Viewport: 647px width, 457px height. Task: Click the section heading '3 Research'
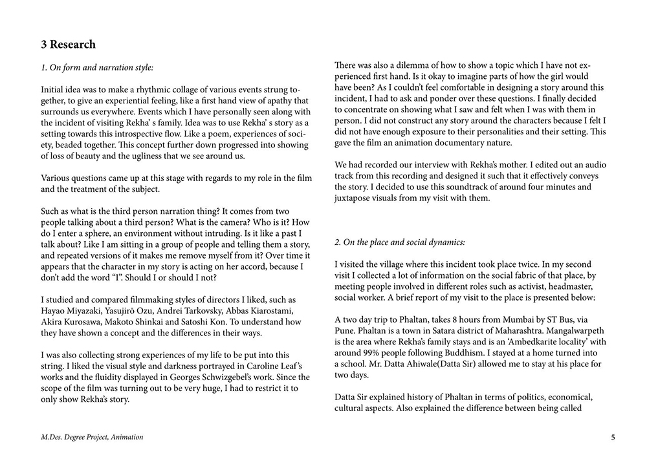(68, 45)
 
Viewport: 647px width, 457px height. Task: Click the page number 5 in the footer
(613, 438)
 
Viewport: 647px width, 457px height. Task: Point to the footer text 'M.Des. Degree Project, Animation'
(92, 438)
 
